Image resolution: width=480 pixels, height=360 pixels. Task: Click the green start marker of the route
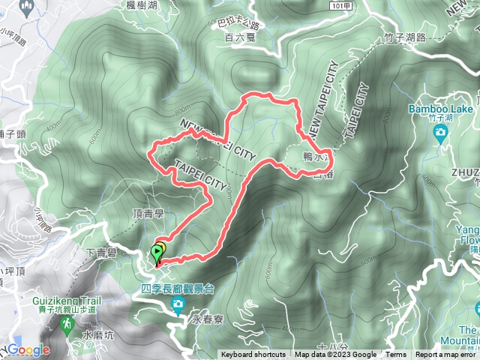coord(157,253)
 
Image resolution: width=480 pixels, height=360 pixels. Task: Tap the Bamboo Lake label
coord(440,110)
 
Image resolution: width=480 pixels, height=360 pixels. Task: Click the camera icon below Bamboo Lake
coord(441,133)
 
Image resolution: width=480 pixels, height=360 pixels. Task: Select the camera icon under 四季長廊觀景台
coord(178,304)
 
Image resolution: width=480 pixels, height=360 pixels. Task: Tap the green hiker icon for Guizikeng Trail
coord(65,323)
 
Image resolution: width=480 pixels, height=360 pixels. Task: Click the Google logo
coord(28,350)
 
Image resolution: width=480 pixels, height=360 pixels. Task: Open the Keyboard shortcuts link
coord(253,355)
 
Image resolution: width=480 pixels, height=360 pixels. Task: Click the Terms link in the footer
coord(395,355)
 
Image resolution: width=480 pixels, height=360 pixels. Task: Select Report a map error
coord(446,355)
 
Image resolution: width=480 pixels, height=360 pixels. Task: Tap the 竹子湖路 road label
coord(404,36)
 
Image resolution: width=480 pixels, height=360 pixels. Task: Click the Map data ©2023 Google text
coord(335,355)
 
